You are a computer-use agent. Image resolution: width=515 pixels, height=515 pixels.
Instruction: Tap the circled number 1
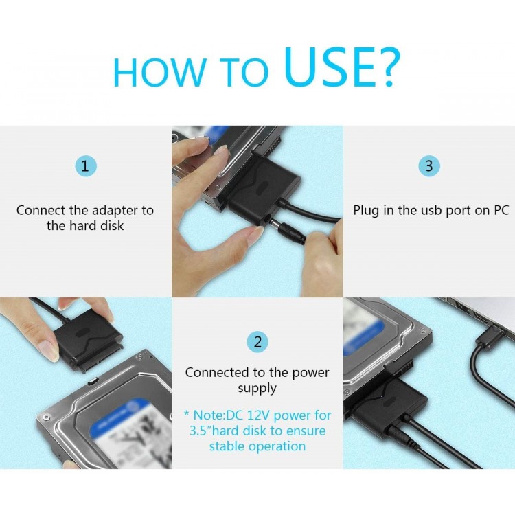pyautogui.click(x=85, y=165)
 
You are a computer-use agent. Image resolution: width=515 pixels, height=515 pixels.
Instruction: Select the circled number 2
pyautogui.click(x=257, y=342)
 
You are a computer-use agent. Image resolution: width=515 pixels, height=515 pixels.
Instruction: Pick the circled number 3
pyautogui.click(x=429, y=165)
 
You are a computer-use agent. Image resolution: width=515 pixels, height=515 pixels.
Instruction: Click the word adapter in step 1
pyautogui.click(x=119, y=210)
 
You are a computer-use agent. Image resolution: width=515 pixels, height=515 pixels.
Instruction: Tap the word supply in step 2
pyautogui.click(x=257, y=388)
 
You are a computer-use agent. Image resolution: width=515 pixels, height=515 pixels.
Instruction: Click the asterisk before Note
pyautogui.click(x=187, y=415)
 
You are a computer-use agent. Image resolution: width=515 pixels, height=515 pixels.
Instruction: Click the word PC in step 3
pyautogui.click(x=501, y=210)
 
